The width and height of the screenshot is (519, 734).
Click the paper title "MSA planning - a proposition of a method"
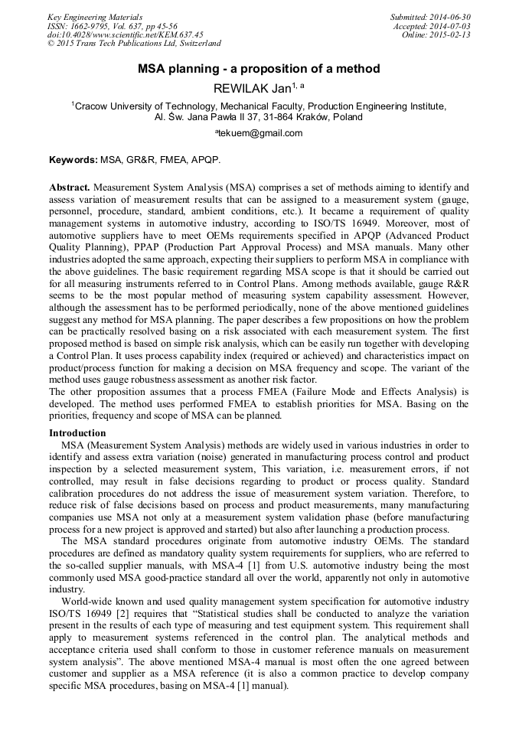pos(259,69)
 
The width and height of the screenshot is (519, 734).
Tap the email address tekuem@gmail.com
pos(260,133)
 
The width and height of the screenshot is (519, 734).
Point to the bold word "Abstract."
pos(70,188)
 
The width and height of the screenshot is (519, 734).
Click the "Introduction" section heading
pos(77,433)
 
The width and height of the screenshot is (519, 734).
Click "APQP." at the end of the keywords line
pos(208,160)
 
